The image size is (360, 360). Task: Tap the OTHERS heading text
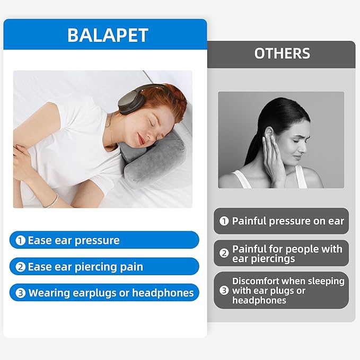coord(282,54)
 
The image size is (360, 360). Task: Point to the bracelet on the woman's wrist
coord(51,200)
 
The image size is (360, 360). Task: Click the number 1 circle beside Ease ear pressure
coord(21,240)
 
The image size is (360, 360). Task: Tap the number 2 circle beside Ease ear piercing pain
coord(21,267)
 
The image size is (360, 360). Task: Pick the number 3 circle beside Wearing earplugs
coord(21,293)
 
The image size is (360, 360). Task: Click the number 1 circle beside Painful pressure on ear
coord(224,221)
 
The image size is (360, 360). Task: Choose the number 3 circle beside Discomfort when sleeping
coord(224,291)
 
